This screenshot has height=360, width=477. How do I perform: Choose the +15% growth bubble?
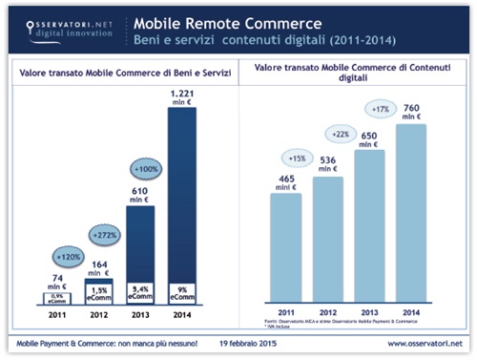(x=296, y=156)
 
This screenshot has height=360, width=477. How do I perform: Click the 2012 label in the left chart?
(x=98, y=311)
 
